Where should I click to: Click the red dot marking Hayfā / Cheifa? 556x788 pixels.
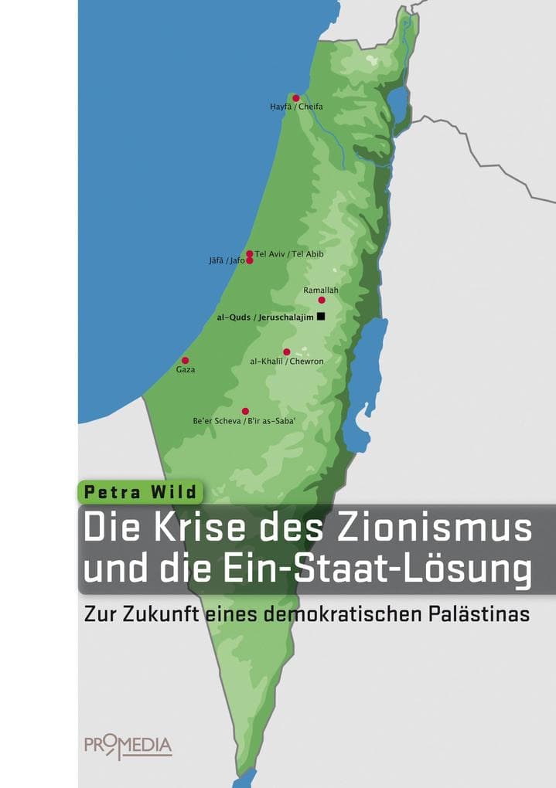[x=295, y=98]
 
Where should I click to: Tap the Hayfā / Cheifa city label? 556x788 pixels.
[x=296, y=107]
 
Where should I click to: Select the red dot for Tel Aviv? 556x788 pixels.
[x=249, y=253]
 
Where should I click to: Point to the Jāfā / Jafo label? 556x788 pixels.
[x=227, y=261]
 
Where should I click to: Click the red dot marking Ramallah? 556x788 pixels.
[x=322, y=300]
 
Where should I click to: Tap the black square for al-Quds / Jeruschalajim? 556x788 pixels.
[x=321, y=316]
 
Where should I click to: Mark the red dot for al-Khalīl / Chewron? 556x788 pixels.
[x=286, y=352]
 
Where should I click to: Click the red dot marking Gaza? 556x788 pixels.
[x=185, y=360]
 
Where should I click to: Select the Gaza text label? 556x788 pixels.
[x=186, y=369]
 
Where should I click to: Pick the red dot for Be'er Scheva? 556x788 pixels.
[x=245, y=411]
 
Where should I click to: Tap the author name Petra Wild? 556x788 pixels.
[x=140, y=491]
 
